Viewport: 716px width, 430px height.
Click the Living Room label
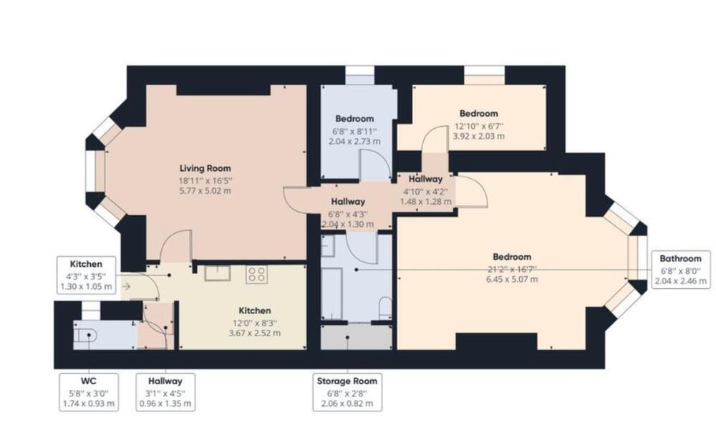pos(205,168)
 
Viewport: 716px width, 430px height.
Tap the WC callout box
pos(89,392)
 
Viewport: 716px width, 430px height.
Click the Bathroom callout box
pos(680,269)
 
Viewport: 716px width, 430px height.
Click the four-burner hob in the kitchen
pos(256,274)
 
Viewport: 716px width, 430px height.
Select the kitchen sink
pos(218,273)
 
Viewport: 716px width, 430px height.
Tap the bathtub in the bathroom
pos(332,295)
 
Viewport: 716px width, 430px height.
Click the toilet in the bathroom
pos(385,308)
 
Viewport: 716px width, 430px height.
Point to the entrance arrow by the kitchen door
pos(127,286)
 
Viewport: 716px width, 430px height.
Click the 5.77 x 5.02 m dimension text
pos(205,191)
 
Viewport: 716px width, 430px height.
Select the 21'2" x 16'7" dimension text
pos(512,269)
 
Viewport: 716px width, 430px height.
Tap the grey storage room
pos(356,337)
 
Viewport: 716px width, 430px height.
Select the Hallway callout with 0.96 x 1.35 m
pos(166,392)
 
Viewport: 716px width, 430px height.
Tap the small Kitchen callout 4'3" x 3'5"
pos(87,275)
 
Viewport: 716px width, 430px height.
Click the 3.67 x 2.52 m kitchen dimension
pos(255,333)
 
